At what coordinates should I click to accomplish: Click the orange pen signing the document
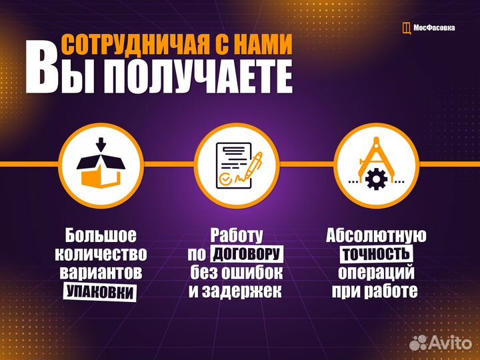(x=254, y=166)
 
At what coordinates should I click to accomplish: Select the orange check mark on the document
(x=225, y=179)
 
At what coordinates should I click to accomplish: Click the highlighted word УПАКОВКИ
(x=100, y=292)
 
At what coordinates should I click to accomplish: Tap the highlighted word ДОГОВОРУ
(x=247, y=254)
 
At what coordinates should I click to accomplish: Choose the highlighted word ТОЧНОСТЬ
(x=376, y=254)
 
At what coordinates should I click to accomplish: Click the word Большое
(x=101, y=235)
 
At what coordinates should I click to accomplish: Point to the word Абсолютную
(x=376, y=235)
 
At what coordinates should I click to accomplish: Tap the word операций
(x=376, y=273)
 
